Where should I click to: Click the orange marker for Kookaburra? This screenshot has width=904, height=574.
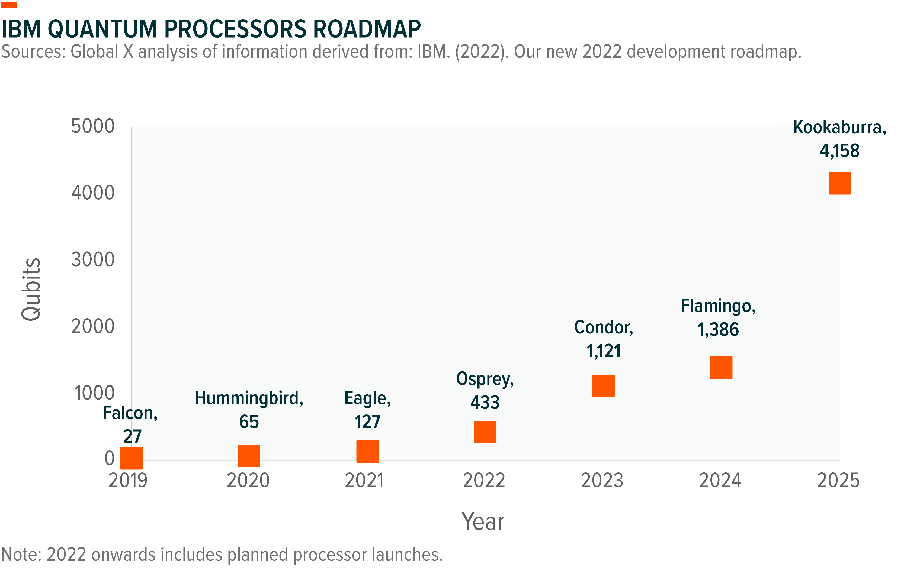pos(839,183)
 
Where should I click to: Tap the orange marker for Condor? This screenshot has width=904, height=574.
pos(603,386)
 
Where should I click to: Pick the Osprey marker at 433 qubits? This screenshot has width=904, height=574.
pos(485,432)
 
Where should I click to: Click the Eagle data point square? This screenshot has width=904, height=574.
pos(367,451)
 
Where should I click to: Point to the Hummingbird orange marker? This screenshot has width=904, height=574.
pos(249,456)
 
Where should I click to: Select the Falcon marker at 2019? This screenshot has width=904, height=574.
pos(132,458)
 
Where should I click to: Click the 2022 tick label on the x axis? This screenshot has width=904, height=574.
pos(484,481)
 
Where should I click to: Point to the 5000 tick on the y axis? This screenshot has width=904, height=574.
pos(93,127)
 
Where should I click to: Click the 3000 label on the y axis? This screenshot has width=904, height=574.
pos(93,260)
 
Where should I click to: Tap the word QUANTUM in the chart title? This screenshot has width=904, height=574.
pos(102,29)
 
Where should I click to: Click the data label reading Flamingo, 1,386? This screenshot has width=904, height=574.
pos(718,318)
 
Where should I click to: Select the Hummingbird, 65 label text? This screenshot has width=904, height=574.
pos(249,410)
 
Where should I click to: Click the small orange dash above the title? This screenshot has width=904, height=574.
pos(9,5)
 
